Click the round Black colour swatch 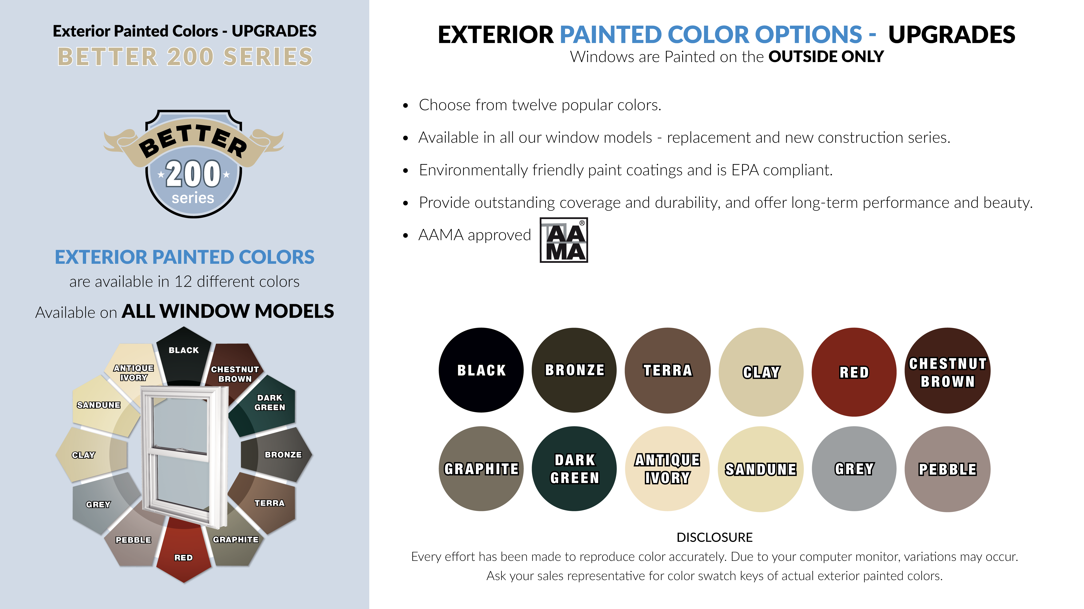point(481,370)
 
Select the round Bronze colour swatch point(574,370)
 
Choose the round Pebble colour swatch point(948,469)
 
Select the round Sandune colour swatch point(761,469)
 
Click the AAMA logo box point(564,240)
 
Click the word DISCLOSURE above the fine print point(715,537)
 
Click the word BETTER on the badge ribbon point(193,141)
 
